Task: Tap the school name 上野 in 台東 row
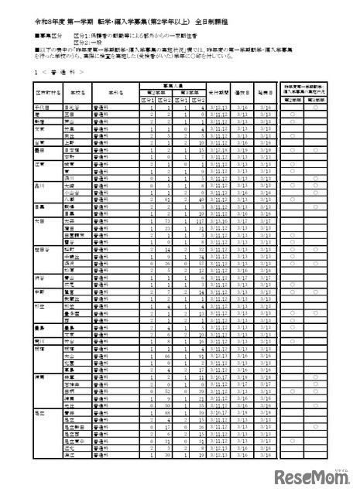click(x=70, y=142)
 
